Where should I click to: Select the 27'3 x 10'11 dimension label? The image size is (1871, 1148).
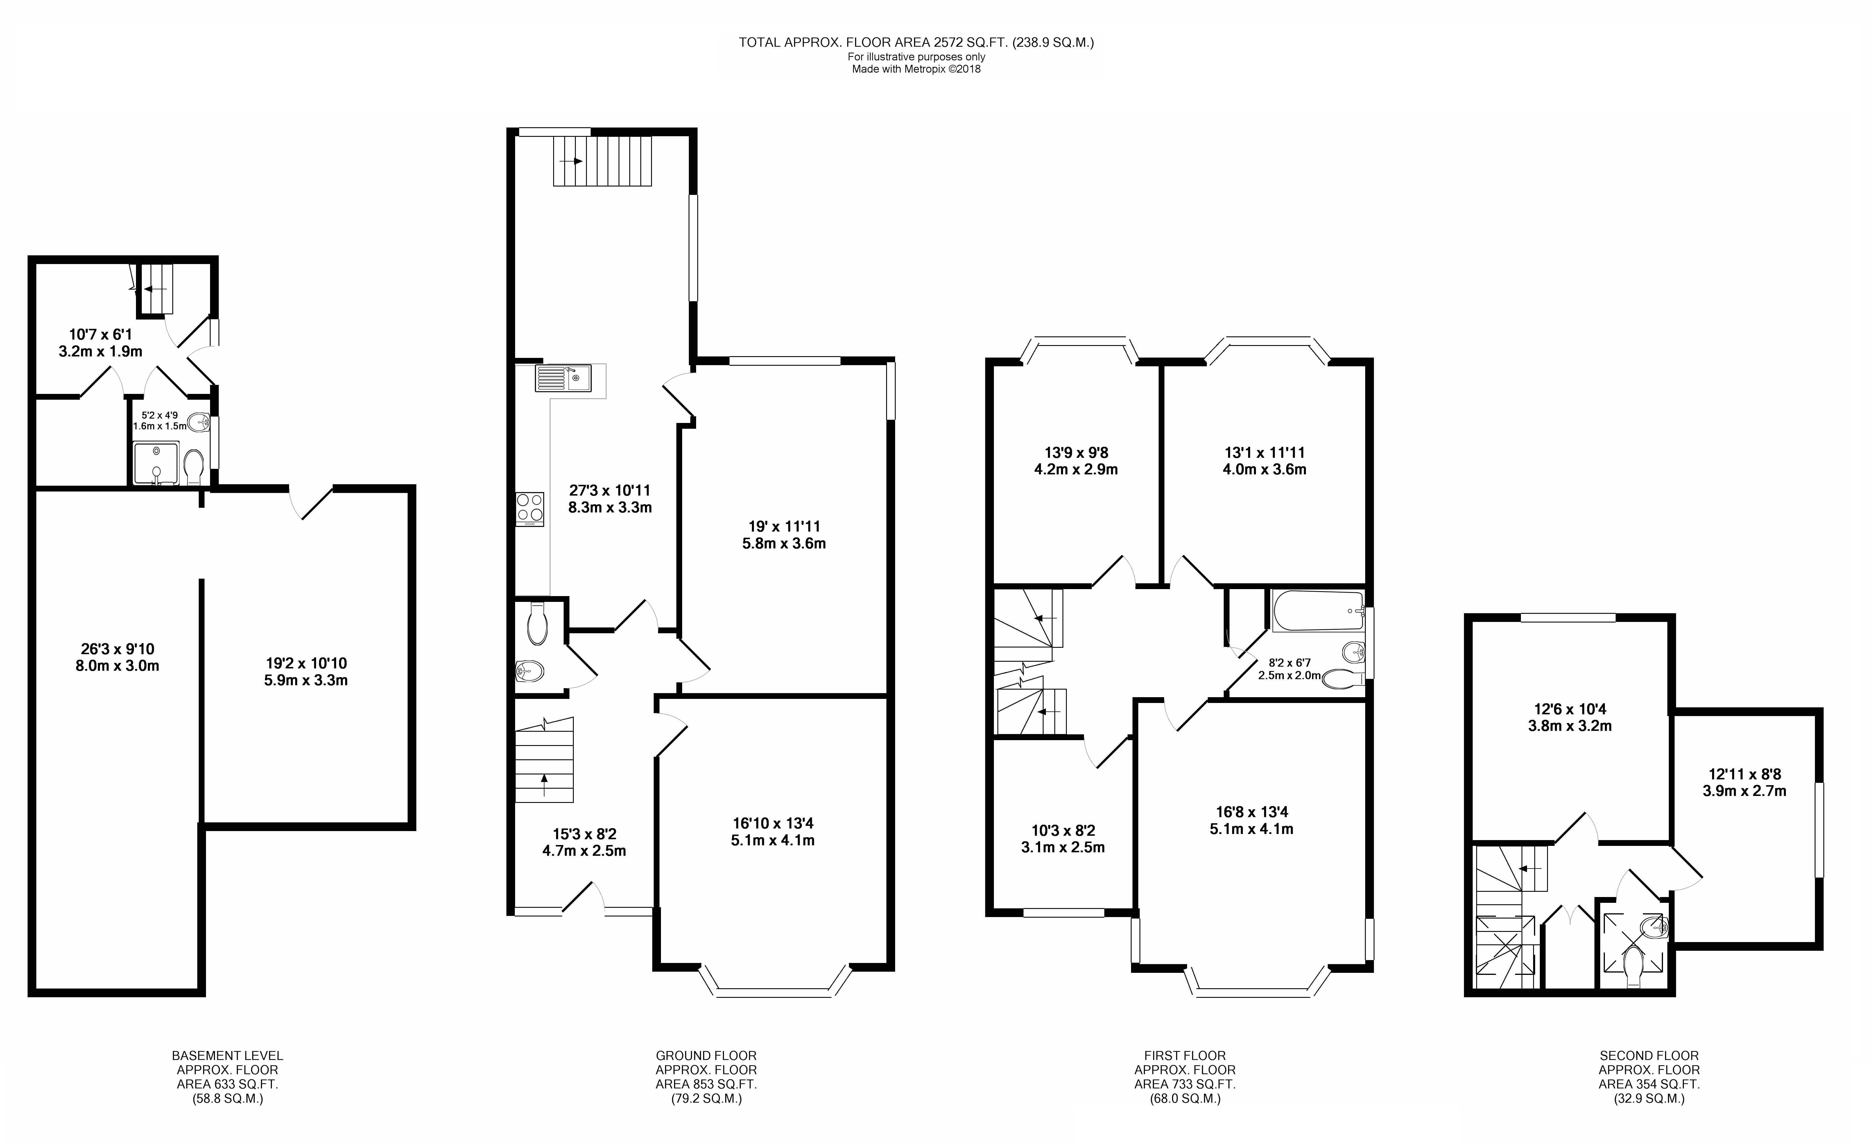point(610,499)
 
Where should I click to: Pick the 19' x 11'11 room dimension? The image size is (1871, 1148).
point(784,534)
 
